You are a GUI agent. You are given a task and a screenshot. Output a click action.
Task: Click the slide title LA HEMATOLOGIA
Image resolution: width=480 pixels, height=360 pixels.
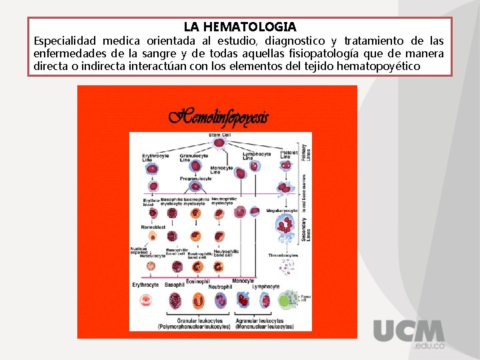[x=240, y=27]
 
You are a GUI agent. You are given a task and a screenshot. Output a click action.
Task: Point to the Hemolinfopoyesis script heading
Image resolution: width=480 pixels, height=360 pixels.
[x=219, y=118]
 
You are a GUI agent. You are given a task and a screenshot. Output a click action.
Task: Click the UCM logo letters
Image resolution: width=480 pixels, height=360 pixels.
[x=409, y=331]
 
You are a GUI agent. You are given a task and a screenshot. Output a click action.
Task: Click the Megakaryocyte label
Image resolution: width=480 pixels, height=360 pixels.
[x=281, y=210]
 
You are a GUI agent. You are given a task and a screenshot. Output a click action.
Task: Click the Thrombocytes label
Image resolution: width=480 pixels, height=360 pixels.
[x=283, y=255]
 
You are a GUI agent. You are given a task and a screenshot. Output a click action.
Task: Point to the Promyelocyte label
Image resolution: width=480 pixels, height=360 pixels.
[x=195, y=179]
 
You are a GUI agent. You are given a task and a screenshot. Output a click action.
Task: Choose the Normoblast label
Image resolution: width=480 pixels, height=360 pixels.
[x=153, y=227]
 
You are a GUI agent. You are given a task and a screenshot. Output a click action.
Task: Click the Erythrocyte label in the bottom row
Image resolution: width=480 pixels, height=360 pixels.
[x=145, y=285]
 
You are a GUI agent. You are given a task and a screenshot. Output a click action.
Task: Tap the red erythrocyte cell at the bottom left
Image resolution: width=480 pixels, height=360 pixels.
[x=146, y=301]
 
